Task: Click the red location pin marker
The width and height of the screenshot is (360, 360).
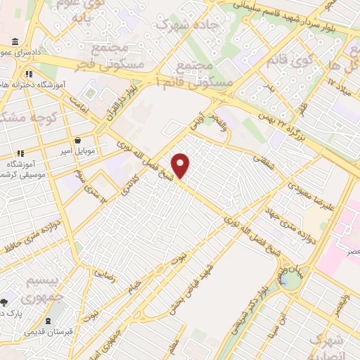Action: pos(181,165)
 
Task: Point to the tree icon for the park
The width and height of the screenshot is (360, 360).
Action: pos(4,302)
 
